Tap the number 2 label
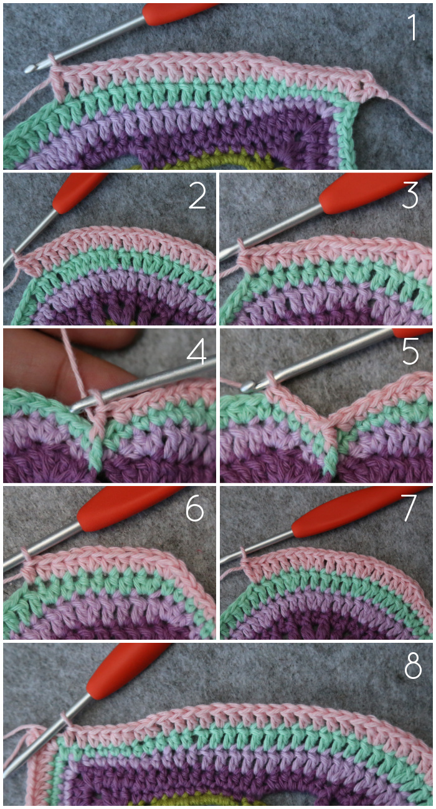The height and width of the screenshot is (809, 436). coord(197,196)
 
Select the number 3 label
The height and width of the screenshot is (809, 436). coord(410,195)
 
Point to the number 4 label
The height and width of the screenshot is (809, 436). coord(197,351)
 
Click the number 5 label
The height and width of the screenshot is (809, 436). coord(410,351)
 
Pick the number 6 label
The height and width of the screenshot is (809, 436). coord(195,508)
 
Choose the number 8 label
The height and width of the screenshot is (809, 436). coord(413,665)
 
